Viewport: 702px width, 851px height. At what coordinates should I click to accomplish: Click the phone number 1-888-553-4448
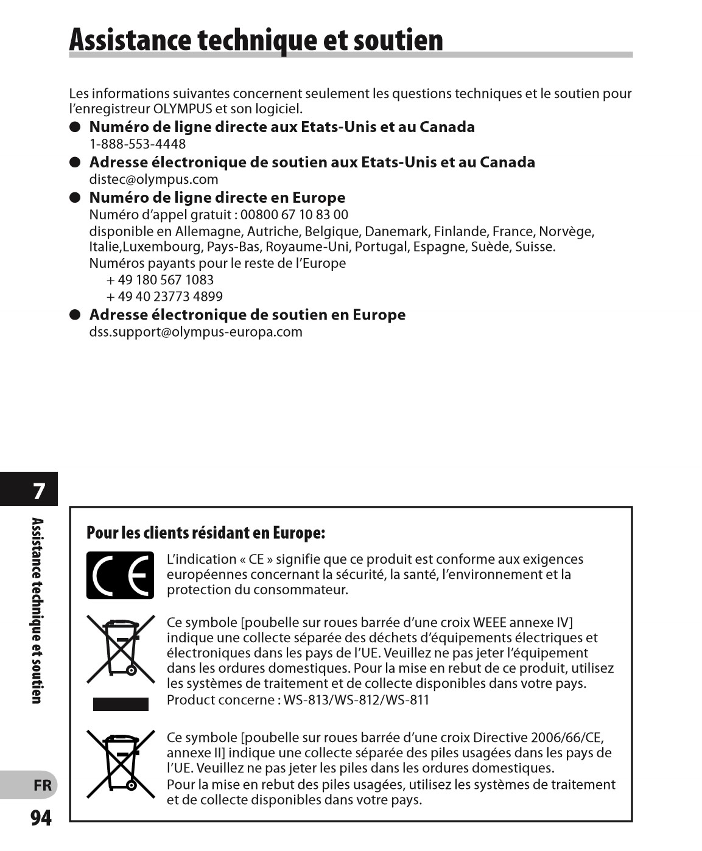tap(138, 144)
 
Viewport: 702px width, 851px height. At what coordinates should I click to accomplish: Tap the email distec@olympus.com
tap(153, 180)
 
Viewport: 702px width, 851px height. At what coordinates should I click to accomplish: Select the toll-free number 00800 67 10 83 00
tap(294, 215)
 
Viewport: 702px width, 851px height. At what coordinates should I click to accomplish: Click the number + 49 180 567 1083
tap(160, 280)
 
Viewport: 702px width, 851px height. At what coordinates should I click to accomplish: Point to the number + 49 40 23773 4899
tap(164, 296)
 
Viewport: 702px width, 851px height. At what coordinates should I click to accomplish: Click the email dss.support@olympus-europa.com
tap(195, 332)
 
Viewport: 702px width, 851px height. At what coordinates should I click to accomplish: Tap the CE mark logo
tap(120, 575)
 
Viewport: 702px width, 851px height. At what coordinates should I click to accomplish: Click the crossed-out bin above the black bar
tap(121, 648)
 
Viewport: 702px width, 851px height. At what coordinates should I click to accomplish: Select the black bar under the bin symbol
tap(121, 704)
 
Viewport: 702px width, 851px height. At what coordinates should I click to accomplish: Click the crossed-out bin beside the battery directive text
tap(121, 763)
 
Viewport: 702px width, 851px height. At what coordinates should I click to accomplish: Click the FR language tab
tap(42, 785)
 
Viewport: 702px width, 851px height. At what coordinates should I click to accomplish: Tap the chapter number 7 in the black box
tap(38, 491)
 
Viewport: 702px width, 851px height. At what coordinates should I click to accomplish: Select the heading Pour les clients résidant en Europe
tap(206, 533)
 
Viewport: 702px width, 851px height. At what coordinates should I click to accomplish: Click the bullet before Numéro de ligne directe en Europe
tap(75, 198)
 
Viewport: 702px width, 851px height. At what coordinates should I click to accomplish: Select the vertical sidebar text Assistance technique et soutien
tap(37, 611)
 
